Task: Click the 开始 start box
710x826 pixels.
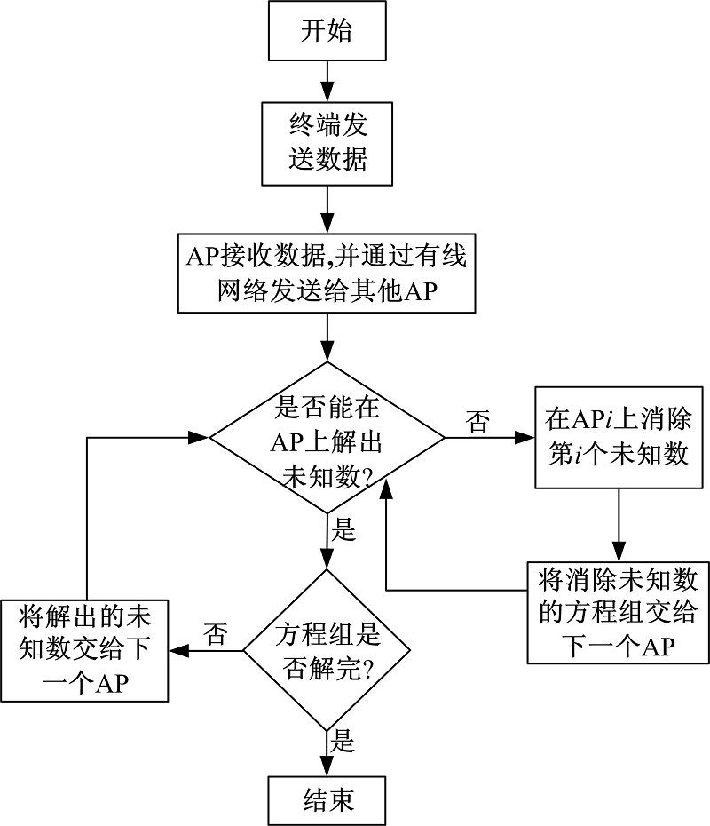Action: coord(327,32)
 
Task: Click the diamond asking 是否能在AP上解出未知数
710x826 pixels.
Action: coord(327,437)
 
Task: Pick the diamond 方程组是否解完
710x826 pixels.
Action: coord(327,651)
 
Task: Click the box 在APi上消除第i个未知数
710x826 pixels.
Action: coord(619,436)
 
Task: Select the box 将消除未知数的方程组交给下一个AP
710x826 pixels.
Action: coord(618,612)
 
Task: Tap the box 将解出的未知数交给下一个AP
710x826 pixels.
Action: coord(85,651)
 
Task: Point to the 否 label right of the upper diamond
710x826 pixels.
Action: coord(477,422)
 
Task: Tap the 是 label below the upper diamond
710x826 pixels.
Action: coord(343,531)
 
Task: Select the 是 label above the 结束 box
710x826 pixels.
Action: coord(343,743)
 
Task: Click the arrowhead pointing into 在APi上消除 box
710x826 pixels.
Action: coord(525,437)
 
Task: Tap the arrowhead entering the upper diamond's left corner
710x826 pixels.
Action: coord(201,437)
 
